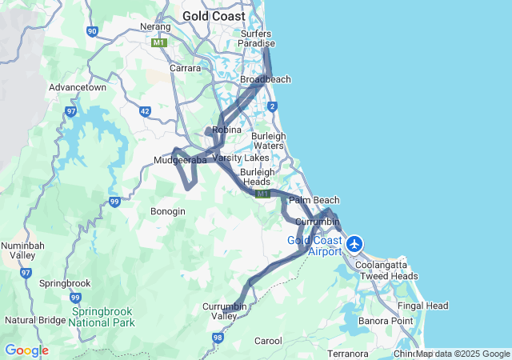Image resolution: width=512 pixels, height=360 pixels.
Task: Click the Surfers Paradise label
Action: point(258,38)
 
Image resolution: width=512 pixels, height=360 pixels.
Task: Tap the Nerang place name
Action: point(157,26)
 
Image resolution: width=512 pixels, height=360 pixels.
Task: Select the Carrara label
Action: point(185,69)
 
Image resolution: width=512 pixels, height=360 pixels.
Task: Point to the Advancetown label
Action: point(78,87)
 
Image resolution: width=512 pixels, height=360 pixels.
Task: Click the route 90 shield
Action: point(93,31)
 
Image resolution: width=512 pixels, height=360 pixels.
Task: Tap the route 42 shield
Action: point(145,112)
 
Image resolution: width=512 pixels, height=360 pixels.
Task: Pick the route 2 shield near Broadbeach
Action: point(273,106)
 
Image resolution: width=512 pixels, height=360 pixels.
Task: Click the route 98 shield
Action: point(218,338)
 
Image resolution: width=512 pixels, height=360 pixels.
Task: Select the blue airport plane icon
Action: point(354,243)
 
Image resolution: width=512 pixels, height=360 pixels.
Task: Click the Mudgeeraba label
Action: point(180,160)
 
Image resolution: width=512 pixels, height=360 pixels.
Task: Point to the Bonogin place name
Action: point(168,211)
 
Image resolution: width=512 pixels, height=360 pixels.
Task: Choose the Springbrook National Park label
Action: point(102,317)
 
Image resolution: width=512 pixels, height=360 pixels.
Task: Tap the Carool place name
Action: point(268,341)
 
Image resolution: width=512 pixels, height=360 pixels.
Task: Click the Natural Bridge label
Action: point(35,320)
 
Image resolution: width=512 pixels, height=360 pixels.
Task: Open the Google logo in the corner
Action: point(26,350)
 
